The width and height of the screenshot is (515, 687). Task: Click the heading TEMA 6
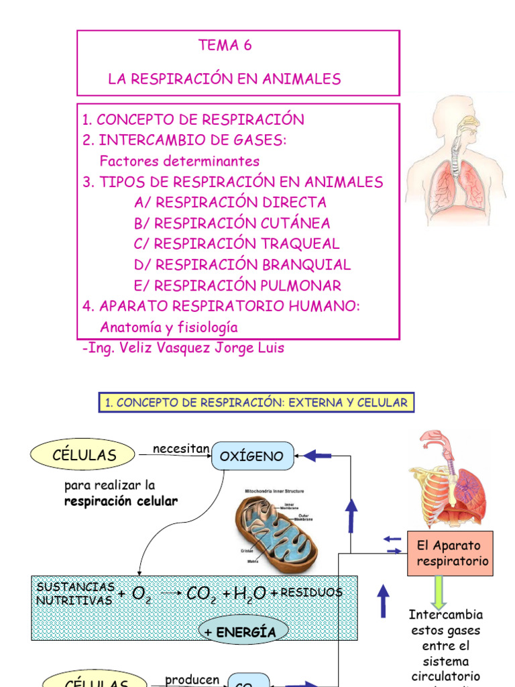[x=225, y=46]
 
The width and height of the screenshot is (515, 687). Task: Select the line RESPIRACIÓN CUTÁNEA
[x=232, y=223]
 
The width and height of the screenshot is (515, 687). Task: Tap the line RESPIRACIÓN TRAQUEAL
[x=237, y=244]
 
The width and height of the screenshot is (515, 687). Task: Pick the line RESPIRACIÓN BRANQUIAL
[x=242, y=265]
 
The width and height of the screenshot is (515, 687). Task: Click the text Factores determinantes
[x=179, y=162]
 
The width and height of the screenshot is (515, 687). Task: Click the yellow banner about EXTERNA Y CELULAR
[x=256, y=403]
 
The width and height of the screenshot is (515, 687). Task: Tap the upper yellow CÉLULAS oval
[x=84, y=455]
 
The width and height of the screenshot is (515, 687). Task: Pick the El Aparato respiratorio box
[x=450, y=553]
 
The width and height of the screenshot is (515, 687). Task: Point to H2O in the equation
[x=245, y=593]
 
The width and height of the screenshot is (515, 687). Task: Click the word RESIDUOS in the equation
[x=311, y=592]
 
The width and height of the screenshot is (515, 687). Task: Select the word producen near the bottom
[x=192, y=679]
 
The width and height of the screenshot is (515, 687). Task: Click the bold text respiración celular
[x=121, y=502]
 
